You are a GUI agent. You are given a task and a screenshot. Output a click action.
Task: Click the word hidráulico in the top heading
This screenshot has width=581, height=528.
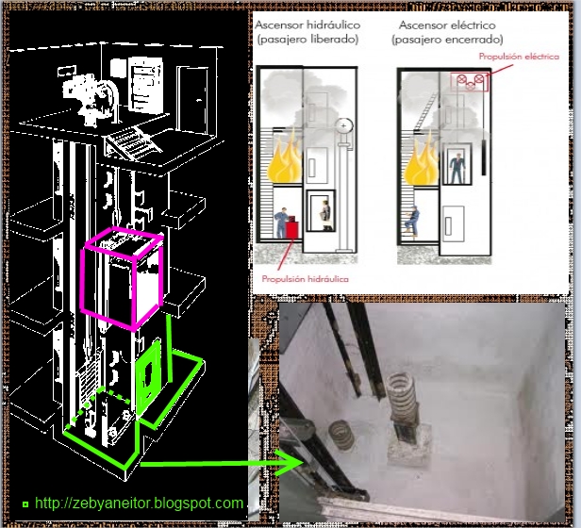pyautogui.click(x=337, y=25)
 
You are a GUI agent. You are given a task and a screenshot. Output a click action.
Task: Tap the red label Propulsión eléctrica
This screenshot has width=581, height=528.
pyautogui.click(x=519, y=57)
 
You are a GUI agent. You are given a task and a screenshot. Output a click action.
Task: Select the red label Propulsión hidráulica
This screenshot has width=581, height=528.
pyautogui.click(x=305, y=279)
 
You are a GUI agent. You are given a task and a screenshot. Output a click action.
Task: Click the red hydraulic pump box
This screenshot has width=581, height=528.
pyautogui.click(x=292, y=229)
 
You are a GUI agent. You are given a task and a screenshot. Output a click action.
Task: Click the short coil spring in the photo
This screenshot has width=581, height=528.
pyautogui.click(x=341, y=435)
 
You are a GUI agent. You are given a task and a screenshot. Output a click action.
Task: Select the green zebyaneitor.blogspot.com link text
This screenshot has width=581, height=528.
pyautogui.click(x=139, y=503)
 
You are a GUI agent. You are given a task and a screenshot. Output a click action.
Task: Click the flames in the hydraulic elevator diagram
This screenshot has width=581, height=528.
pyautogui.click(x=285, y=160)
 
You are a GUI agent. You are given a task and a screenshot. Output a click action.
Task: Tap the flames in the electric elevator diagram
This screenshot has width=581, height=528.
pyautogui.click(x=421, y=163)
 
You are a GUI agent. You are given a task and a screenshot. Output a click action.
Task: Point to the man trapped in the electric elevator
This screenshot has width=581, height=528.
pyautogui.click(x=456, y=168)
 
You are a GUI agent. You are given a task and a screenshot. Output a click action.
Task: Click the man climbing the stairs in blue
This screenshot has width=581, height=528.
pyautogui.click(x=412, y=221)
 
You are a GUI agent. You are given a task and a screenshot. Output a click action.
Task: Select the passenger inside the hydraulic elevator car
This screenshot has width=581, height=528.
pyautogui.click(x=325, y=215)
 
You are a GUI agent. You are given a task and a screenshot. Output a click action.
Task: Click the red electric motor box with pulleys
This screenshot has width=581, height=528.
pyautogui.click(x=470, y=82)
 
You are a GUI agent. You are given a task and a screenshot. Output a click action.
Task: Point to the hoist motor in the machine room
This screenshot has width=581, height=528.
pyautogui.click(x=91, y=98)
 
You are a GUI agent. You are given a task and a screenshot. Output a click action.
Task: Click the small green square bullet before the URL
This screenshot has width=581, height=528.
pyautogui.click(x=25, y=503)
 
